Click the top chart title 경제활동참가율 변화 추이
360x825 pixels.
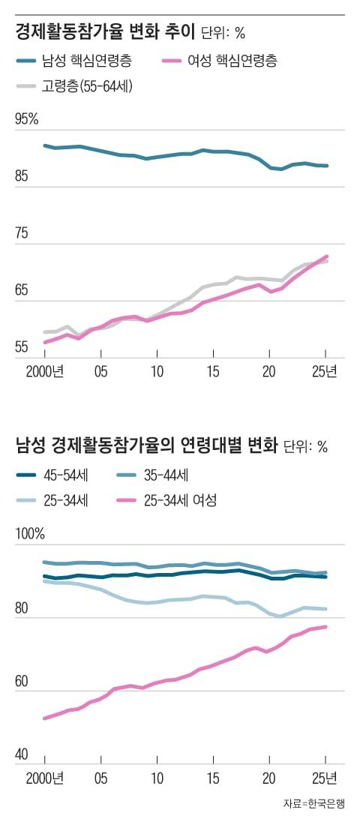click(105, 32)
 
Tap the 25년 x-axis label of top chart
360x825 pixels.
click(325, 372)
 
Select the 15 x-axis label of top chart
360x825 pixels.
click(213, 372)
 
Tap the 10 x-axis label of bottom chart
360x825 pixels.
click(157, 775)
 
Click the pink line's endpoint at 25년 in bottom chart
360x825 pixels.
click(325, 627)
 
